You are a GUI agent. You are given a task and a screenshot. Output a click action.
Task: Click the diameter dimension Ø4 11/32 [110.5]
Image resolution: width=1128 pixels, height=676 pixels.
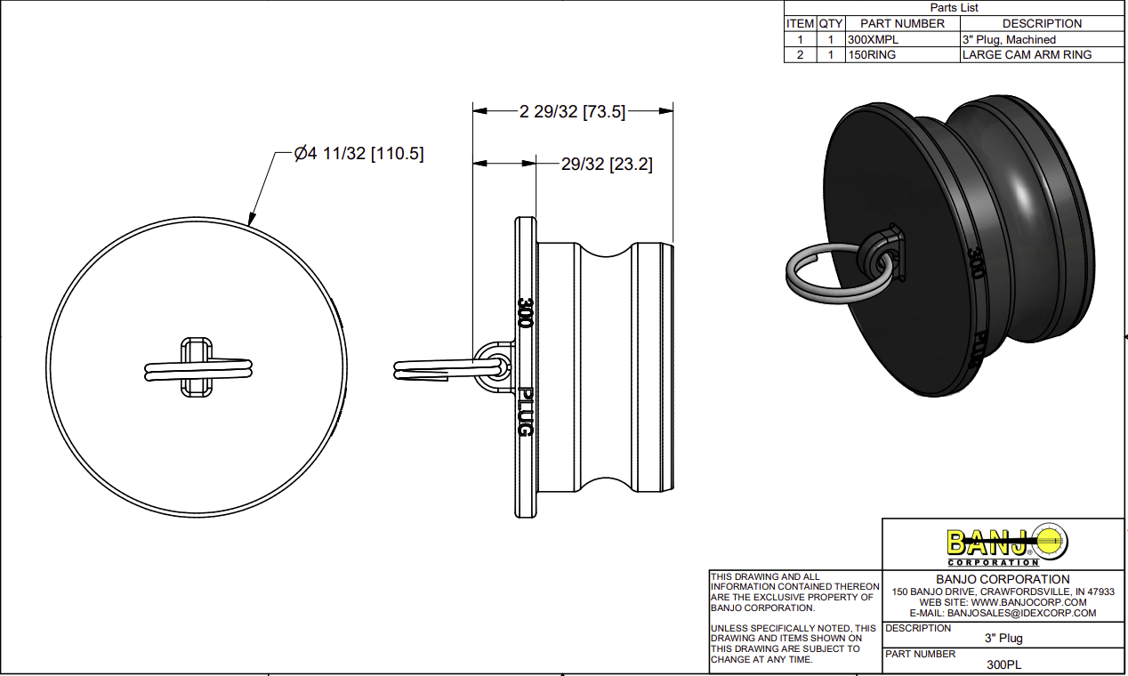[359, 154]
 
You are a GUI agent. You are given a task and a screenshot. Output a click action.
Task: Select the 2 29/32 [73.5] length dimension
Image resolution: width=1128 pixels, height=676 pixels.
[572, 111]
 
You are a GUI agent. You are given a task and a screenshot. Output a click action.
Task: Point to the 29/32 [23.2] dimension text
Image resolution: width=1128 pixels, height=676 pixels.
[607, 164]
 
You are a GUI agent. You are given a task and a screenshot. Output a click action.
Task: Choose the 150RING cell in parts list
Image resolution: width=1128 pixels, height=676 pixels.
[872, 55]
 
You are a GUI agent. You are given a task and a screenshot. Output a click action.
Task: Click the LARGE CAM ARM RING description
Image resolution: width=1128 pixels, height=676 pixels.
[1027, 55]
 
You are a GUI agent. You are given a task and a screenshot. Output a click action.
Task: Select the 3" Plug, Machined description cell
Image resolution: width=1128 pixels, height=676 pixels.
[1009, 40]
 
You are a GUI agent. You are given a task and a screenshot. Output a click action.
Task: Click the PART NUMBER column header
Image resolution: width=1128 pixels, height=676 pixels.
[902, 24]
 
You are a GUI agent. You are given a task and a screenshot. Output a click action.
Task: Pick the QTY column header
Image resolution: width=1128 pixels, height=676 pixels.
[830, 24]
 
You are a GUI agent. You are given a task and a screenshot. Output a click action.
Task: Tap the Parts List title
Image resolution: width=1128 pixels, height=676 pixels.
[953, 8]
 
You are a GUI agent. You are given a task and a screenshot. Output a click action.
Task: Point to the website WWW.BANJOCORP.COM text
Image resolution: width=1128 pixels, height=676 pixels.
[1003, 602]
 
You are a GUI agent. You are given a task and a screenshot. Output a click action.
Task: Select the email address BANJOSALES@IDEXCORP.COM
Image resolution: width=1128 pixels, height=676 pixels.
[1003, 613]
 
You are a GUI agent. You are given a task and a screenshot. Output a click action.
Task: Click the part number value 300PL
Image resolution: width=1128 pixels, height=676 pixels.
[1003, 664]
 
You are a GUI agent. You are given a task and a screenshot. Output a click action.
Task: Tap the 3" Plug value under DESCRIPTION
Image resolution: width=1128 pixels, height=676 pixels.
[1003, 639]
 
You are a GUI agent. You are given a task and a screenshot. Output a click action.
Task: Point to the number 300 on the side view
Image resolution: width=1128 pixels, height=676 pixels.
[524, 312]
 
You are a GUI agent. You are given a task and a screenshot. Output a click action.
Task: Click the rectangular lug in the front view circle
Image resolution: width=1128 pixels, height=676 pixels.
[197, 366]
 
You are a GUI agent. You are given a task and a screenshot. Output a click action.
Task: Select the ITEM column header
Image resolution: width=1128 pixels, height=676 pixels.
[800, 24]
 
